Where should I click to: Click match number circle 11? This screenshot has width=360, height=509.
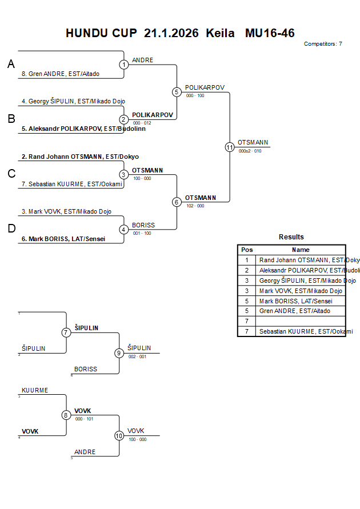point(230,147)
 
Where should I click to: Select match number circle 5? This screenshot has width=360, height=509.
point(177,92)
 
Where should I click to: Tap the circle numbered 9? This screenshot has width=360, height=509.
point(119,353)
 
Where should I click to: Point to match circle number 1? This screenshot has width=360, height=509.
point(124,65)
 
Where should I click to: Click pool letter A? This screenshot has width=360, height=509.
point(11,65)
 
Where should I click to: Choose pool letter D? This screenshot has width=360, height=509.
point(11,229)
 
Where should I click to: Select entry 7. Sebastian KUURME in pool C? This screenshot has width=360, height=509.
point(73,184)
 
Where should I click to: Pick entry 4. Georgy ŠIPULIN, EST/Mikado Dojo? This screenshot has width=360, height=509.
point(73,101)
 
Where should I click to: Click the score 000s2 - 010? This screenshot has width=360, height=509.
point(250,151)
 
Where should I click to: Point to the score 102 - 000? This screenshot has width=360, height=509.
point(195,206)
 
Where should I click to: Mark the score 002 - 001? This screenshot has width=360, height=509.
point(137,356)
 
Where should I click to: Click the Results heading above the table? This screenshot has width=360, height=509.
point(291,237)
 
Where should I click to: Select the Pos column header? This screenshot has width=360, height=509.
point(247,250)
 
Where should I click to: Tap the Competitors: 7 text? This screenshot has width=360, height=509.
point(323,43)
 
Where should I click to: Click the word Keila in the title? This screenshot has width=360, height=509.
point(220,33)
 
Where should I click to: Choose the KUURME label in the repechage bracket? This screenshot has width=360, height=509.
point(35,390)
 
